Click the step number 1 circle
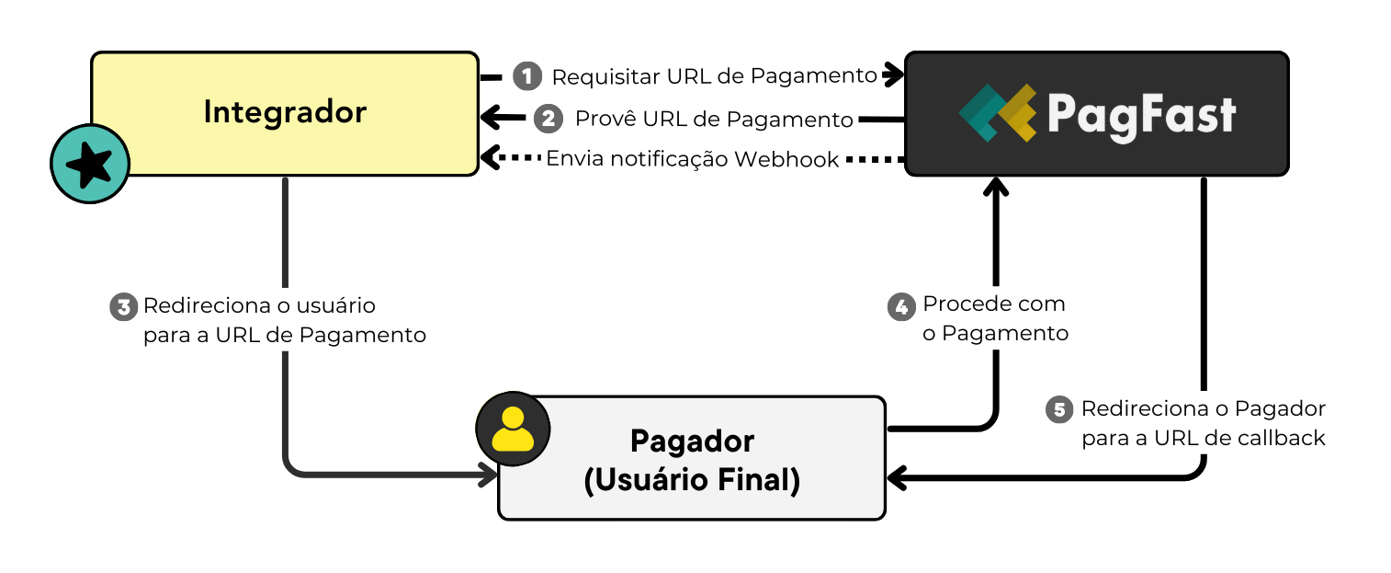point(527,76)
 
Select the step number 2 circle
point(548,119)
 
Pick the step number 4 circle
point(902,306)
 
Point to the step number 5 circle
point(1060,409)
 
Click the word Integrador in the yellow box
point(285,112)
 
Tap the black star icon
point(90,164)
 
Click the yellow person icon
point(513,430)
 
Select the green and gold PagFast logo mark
point(997,113)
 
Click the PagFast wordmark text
point(1141,116)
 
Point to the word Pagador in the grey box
point(692,441)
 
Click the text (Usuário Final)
point(692,480)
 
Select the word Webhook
point(786,160)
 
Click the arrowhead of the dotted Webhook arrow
point(490,158)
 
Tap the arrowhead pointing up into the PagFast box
point(994,188)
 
